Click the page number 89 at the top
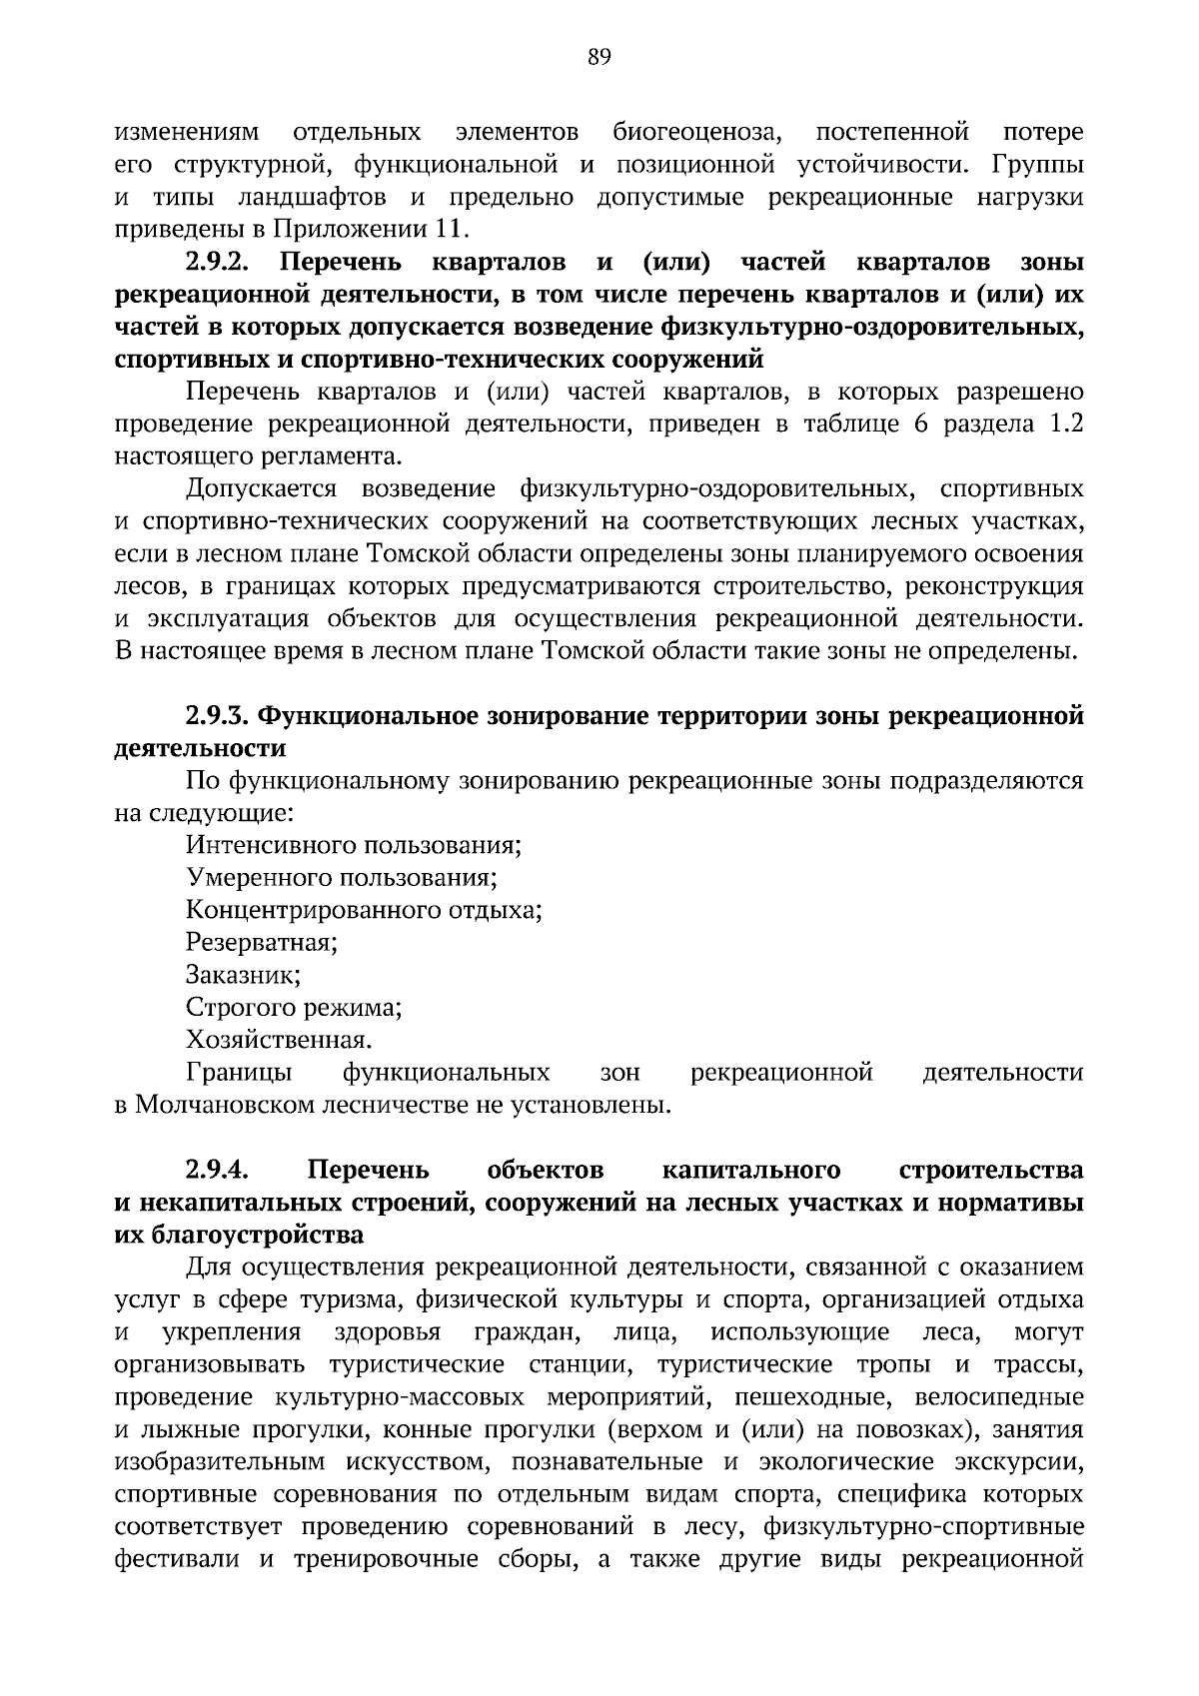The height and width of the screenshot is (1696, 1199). pyautogui.click(x=599, y=57)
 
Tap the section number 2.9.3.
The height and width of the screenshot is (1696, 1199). pyautogui.click(x=218, y=716)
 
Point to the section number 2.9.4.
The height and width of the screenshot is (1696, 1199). pyautogui.click(x=218, y=1170)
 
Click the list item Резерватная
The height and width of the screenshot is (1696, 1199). pyautogui.click(x=262, y=942)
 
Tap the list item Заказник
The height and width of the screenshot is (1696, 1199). pyautogui.click(x=244, y=974)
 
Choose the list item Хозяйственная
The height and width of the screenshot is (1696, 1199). pyautogui.click(x=279, y=1039)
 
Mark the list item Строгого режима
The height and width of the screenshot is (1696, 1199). pyautogui.click(x=294, y=1007)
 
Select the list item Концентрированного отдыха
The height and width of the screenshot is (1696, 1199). pyautogui.click(x=364, y=910)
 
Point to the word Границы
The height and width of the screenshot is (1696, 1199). pyautogui.click(x=239, y=1073)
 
